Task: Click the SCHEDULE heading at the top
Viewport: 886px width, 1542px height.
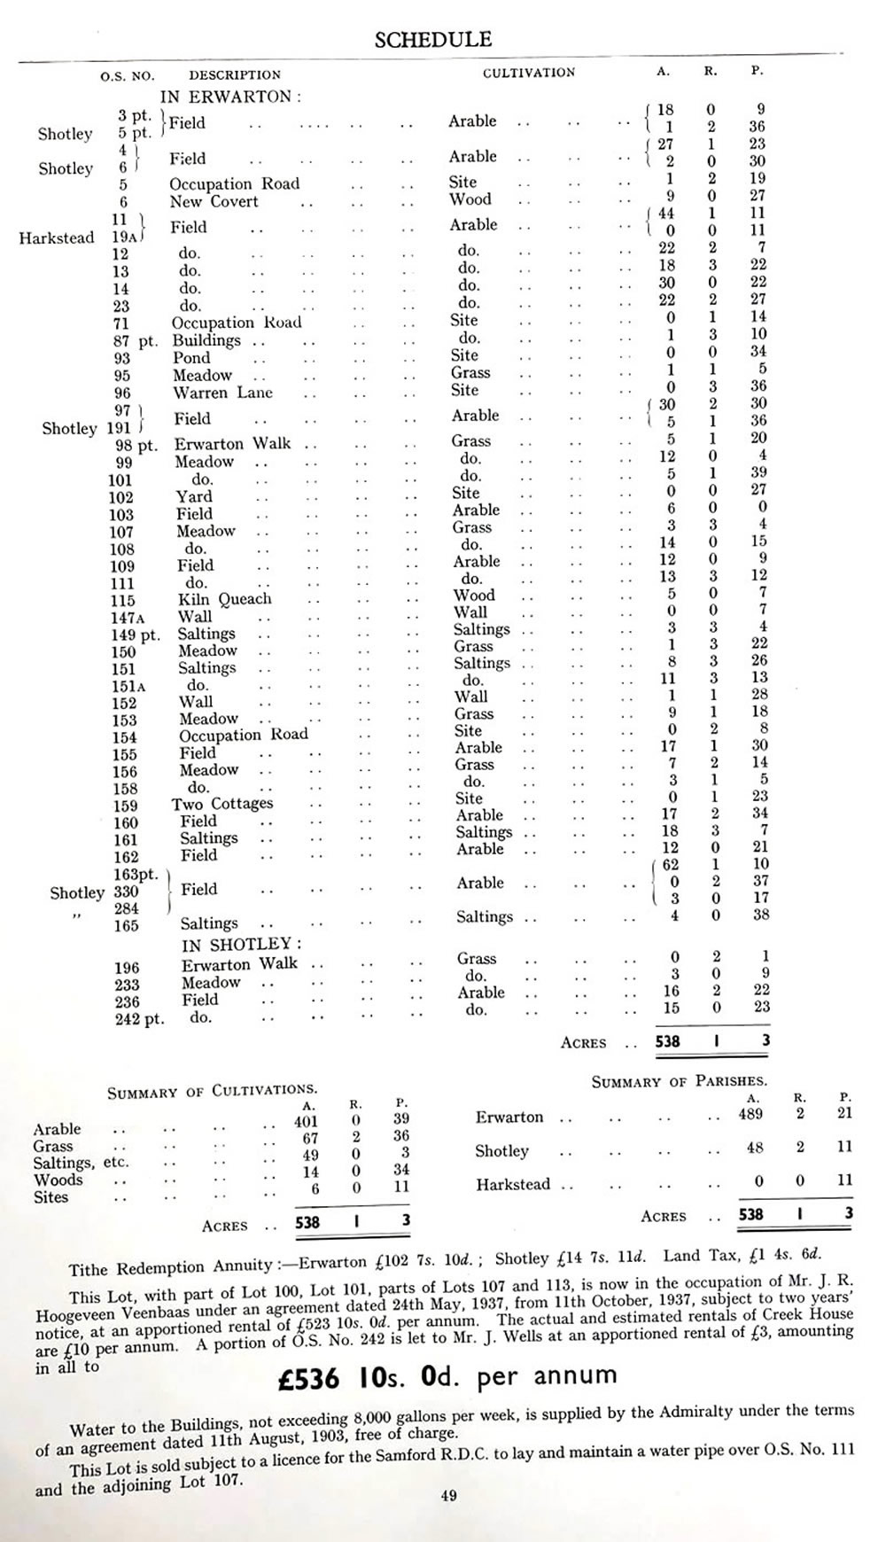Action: point(432,40)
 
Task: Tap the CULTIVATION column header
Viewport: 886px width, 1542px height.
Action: point(528,73)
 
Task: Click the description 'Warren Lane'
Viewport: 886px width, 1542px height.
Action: point(222,393)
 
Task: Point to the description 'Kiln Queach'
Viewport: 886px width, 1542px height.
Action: point(225,600)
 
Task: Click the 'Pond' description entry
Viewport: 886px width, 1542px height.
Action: point(191,358)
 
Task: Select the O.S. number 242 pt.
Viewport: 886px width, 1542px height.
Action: point(139,1019)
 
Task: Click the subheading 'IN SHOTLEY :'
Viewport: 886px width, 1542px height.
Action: point(241,945)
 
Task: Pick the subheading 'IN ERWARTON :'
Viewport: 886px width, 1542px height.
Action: point(230,97)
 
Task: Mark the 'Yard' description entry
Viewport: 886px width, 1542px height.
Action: point(194,497)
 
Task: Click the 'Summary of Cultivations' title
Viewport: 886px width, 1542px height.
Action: point(212,1091)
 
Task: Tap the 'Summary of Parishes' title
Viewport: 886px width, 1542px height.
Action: point(679,1081)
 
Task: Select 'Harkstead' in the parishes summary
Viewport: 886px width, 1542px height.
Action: point(513,1185)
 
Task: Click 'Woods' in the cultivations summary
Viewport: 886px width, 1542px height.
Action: point(58,1180)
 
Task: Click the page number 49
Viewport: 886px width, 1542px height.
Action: point(448,1496)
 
